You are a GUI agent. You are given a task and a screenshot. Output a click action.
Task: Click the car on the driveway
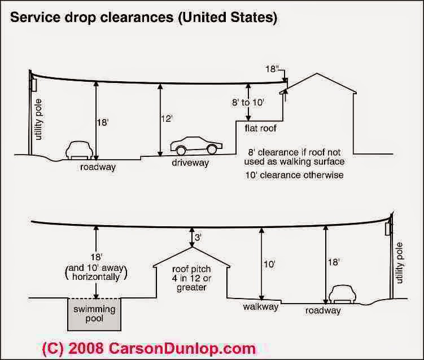click(196, 146)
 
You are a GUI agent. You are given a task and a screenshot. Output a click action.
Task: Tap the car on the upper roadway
click(79, 150)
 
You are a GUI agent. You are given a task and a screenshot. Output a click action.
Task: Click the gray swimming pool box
click(94, 314)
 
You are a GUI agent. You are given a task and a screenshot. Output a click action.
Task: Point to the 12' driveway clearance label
click(167, 118)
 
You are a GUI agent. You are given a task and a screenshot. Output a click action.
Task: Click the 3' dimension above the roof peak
click(198, 238)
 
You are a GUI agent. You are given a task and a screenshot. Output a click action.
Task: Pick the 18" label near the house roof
click(270, 69)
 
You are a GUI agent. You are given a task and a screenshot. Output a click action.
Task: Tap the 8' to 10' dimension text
click(247, 103)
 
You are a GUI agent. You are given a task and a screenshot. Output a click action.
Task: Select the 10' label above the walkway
click(269, 264)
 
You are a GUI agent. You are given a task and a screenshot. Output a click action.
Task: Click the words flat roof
click(260, 128)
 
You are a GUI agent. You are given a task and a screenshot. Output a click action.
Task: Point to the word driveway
click(190, 163)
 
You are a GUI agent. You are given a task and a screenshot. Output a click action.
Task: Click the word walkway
click(261, 307)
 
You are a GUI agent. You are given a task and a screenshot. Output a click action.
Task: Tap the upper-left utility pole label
click(39, 120)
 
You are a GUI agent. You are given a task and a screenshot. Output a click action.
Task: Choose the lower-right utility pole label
click(399, 263)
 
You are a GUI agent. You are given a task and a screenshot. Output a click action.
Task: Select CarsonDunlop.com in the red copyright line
click(182, 348)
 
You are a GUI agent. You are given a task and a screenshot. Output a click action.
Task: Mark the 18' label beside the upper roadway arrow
click(103, 122)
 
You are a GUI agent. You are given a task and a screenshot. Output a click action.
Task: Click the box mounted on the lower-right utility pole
click(387, 229)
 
